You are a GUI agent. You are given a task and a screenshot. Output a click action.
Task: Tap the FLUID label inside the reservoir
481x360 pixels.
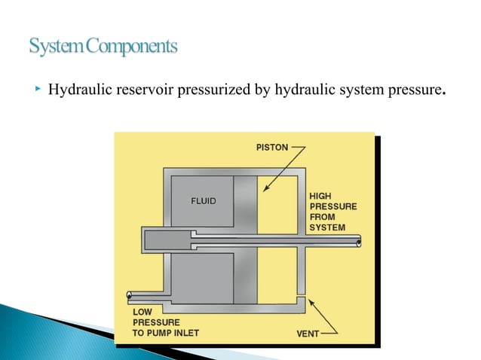[202, 201]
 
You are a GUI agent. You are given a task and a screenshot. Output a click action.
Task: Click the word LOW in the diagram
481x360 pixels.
[144, 312]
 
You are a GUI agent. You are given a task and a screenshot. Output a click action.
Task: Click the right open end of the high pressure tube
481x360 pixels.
[359, 242]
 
